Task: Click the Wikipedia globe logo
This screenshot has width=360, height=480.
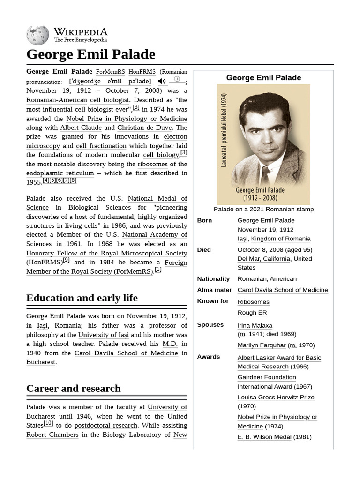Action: click(37, 35)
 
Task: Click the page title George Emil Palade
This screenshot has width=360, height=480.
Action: click(90, 54)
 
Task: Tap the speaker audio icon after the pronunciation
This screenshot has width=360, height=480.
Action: click(161, 81)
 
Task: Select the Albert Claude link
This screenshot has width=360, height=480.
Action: click(81, 127)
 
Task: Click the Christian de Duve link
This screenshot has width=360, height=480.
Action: click(145, 127)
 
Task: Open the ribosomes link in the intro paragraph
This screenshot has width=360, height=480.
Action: click(152, 164)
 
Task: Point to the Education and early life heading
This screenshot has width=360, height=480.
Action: click(82, 298)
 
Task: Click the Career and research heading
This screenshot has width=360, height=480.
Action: click(74, 388)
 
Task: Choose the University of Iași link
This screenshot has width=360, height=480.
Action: click(104, 335)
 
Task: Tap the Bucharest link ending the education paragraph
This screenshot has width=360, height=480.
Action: click(41, 362)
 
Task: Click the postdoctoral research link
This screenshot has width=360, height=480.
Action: click(105, 425)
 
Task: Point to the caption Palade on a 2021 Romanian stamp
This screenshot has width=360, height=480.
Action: click(263, 209)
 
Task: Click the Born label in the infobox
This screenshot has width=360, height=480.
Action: click(204, 220)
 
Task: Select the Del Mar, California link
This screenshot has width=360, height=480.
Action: click(264, 258)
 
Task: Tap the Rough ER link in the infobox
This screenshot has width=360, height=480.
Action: click(252, 313)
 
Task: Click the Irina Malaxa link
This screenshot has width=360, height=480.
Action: click(255, 325)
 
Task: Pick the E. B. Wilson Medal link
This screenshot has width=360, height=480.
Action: click(264, 437)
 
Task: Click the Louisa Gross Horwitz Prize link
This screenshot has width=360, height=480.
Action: click(276, 397)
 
